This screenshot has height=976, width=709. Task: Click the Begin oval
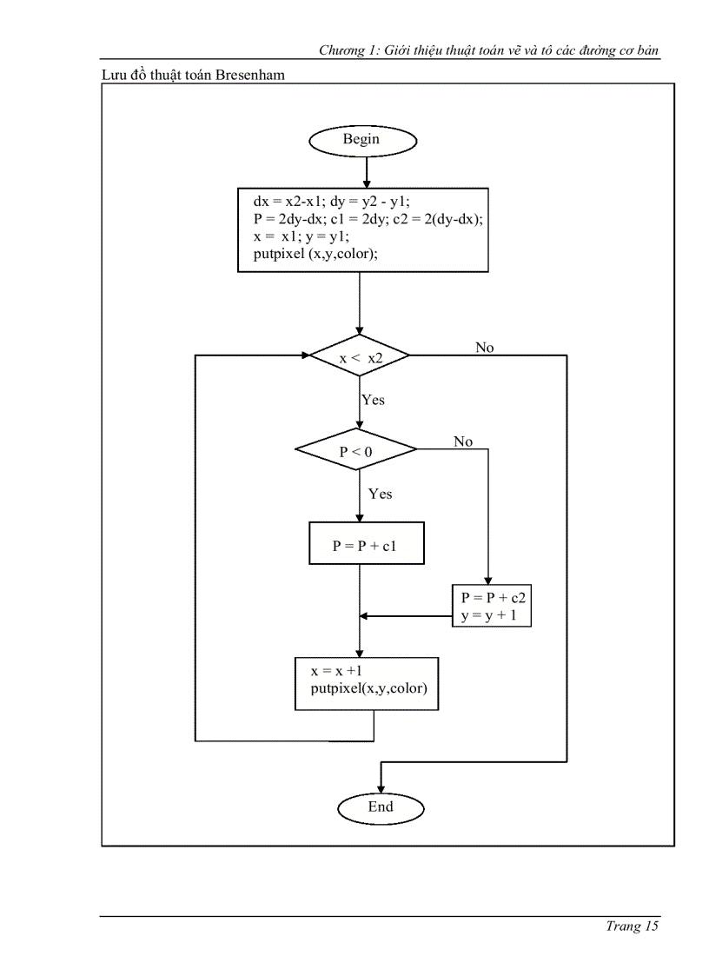click(361, 140)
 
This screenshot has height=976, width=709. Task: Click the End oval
click(381, 807)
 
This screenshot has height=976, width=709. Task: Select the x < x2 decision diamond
click(360, 356)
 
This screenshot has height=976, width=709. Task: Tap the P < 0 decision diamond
click(356, 450)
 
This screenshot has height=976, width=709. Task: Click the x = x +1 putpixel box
click(367, 684)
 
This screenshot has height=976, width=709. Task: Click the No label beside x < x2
click(484, 348)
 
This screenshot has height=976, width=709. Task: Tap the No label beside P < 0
click(463, 442)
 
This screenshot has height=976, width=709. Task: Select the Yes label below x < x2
click(373, 400)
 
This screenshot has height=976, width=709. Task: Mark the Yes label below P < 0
click(380, 494)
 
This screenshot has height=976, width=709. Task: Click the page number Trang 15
click(633, 926)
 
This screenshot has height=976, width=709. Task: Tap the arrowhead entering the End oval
click(381, 787)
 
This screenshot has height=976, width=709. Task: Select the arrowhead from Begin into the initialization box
click(367, 183)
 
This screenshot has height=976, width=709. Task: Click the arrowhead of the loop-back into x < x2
click(306, 355)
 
